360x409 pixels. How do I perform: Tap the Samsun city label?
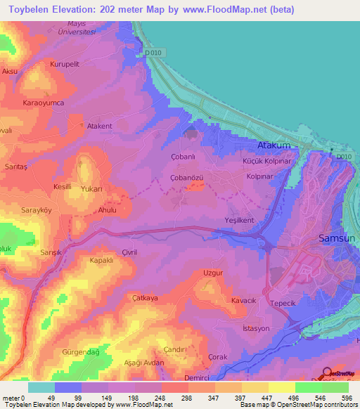click(337, 237)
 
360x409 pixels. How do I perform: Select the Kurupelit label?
click(65, 64)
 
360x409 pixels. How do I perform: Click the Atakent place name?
click(99, 126)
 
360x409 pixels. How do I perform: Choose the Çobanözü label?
click(187, 178)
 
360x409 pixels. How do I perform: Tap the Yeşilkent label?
click(238, 220)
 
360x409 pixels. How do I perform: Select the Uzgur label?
click(213, 272)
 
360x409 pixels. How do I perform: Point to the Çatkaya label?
click(145, 298)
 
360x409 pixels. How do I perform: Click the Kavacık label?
click(244, 301)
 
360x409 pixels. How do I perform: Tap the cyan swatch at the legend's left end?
click(41, 387)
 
